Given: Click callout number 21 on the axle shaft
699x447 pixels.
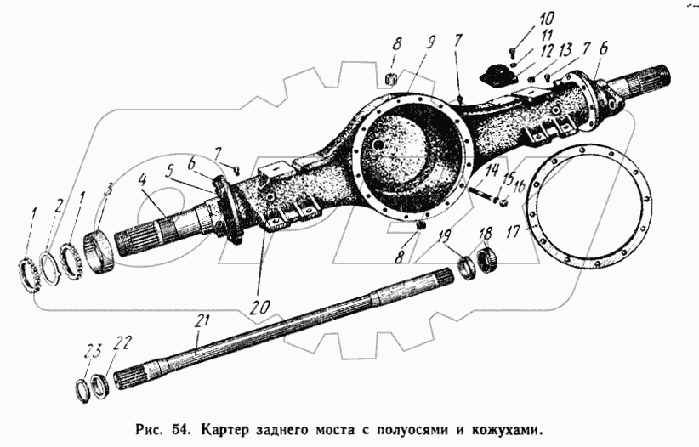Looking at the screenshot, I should (x=201, y=320).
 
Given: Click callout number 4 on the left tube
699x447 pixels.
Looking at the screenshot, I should (x=142, y=180).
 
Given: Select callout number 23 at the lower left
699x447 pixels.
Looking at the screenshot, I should (x=93, y=348).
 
